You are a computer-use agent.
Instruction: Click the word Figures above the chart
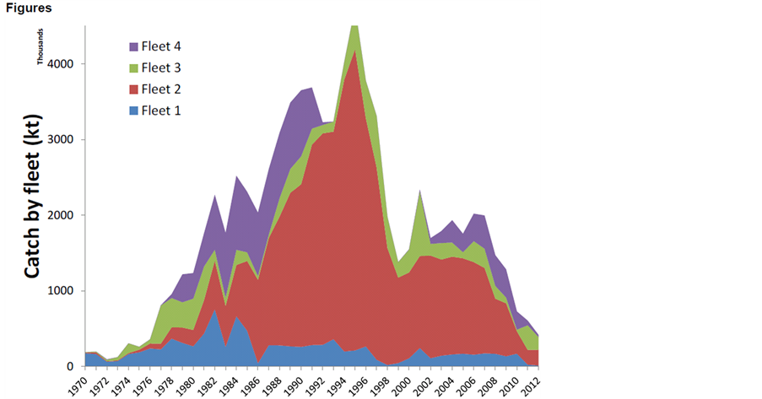click(x=28, y=8)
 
